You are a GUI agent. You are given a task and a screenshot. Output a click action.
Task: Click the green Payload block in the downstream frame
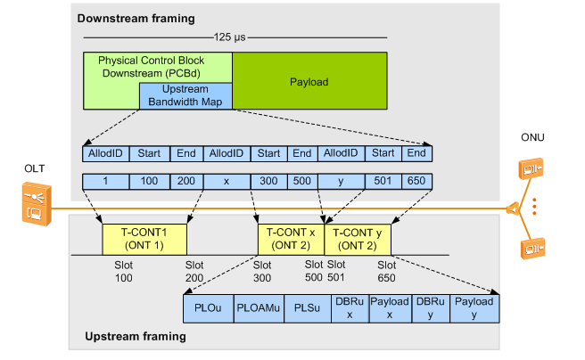click(x=309, y=81)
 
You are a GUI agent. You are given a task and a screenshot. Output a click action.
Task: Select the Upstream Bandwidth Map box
click(x=185, y=96)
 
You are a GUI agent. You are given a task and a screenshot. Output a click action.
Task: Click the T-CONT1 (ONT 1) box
click(x=145, y=238)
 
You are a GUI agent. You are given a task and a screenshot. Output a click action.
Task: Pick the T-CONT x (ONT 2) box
click(x=290, y=238)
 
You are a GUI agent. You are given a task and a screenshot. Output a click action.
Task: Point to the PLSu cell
click(x=306, y=307)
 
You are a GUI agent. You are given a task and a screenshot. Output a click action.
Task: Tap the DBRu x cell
click(x=349, y=307)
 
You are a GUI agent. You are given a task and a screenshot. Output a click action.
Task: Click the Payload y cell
click(x=474, y=307)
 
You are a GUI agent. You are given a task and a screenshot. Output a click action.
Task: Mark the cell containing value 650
click(x=416, y=182)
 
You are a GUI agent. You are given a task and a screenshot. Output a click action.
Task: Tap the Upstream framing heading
click(x=135, y=337)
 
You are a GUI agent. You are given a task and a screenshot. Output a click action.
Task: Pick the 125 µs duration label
click(x=235, y=37)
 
